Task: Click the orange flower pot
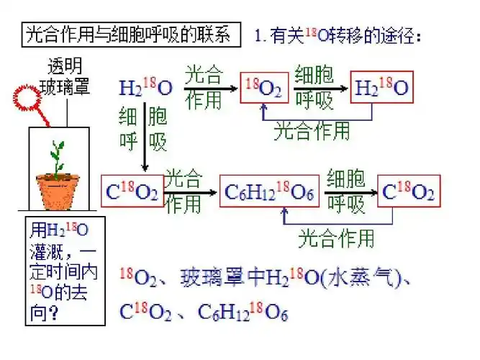click(58, 192)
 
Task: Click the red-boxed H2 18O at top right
click(382, 88)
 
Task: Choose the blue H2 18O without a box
click(145, 89)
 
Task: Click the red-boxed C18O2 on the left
click(132, 192)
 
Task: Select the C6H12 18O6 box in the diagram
click(268, 192)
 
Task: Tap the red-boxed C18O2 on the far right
click(408, 192)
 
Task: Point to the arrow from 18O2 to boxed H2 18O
click(319, 89)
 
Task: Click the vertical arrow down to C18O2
click(145, 137)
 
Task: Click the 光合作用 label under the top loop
click(312, 130)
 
